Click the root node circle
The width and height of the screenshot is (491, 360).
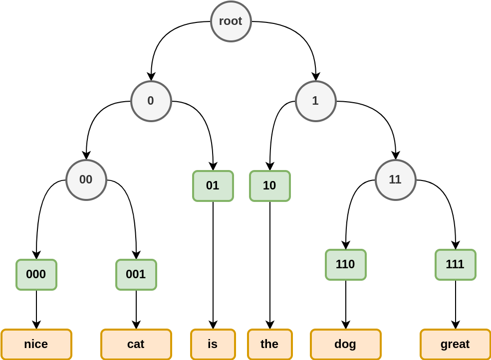pos(231,21)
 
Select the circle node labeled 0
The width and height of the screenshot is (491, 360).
pos(151,101)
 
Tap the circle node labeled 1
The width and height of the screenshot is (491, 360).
pos(315,101)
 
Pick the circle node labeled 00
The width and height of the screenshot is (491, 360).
pos(86,180)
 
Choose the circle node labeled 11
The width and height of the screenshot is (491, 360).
pos(395,180)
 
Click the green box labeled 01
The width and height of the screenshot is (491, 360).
pos(213,186)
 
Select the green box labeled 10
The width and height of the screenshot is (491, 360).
pos(269,186)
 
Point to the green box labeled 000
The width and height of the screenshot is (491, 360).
pos(36,275)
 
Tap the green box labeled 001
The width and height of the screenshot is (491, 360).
pos(136,275)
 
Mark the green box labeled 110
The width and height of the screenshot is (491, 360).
pos(346,265)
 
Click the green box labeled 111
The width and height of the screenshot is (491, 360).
pos(455,265)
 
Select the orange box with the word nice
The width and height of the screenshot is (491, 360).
pos(36,344)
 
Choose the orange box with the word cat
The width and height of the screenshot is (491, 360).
pos(136,344)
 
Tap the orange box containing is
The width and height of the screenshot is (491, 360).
pos(213,344)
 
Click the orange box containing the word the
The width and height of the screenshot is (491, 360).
pos(269,344)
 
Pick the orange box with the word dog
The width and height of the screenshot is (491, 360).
pos(345,344)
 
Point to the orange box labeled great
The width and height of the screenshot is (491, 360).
pos(455,344)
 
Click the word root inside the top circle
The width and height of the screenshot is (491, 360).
pos(231,21)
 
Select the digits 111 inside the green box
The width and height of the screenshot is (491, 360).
pos(455,264)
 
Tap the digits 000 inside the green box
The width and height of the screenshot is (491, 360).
pos(36,274)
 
